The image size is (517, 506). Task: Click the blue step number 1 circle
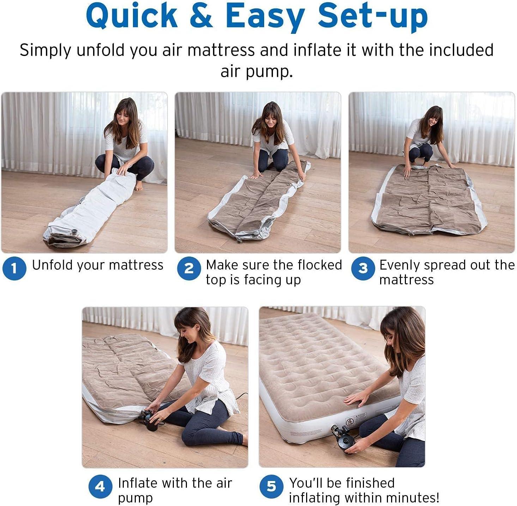[14, 269]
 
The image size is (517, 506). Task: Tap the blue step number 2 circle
[189, 269]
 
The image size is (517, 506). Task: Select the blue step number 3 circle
[363, 269]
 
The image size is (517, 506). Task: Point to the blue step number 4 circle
[100, 486]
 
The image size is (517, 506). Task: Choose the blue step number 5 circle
[271, 486]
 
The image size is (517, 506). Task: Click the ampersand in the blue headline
[201, 16]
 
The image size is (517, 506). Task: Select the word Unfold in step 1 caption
[53, 265]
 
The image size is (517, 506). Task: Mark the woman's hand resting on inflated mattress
[356, 399]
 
